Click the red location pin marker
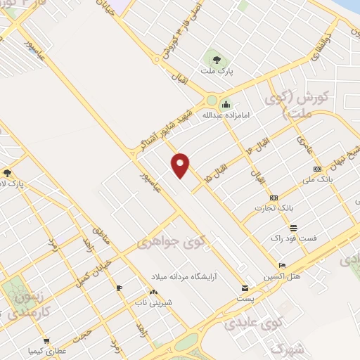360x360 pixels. pos(181,165)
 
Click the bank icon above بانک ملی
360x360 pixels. pos(316,169)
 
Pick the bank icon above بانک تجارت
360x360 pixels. pos(274,198)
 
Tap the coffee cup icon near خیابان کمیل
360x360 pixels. pos(119,288)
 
